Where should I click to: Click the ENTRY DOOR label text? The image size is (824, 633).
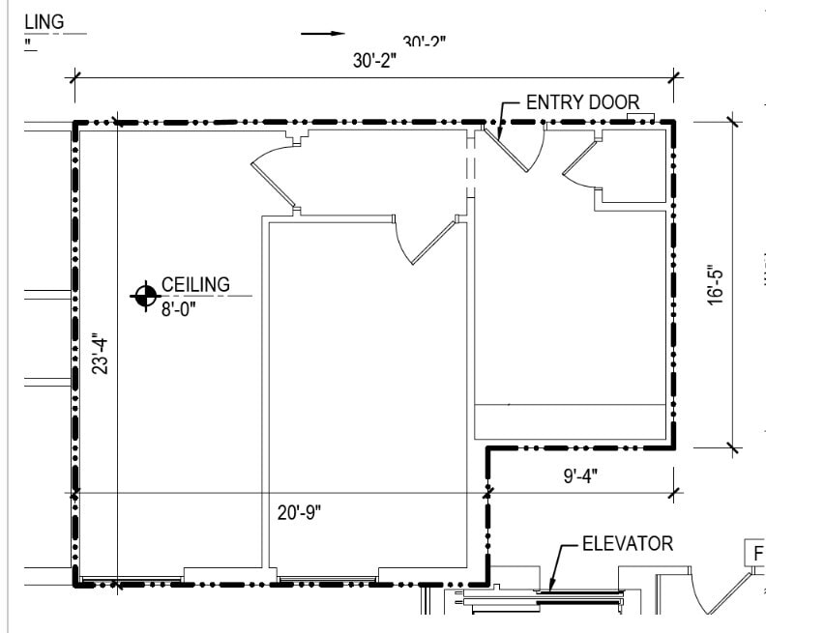click(x=582, y=101)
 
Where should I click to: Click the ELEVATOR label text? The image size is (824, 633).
click(x=627, y=544)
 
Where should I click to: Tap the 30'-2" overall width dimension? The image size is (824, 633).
click(x=374, y=61)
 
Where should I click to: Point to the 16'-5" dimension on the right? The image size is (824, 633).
click(x=716, y=285)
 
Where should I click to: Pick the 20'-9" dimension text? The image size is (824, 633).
click(x=299, y=512)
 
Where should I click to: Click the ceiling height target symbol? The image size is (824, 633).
click(x=145, y=296)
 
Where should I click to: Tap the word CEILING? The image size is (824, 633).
click(x=195, y=284)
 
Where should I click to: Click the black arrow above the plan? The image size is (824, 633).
click(x=322, y=34)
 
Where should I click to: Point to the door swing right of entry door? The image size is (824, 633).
click(x=578, y=162)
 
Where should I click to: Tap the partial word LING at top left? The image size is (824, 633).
click(x=43, y=20)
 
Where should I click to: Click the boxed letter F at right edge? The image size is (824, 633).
click(x=758, y=554)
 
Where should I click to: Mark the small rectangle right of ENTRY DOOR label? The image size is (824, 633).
click(x=641, y=118)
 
